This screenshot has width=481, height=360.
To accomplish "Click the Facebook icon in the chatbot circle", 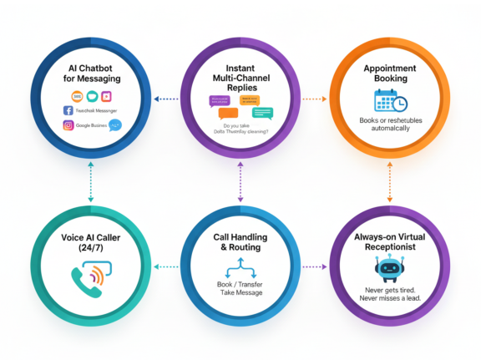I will coord(68,109).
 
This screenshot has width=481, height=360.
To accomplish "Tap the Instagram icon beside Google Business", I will coord(68,126).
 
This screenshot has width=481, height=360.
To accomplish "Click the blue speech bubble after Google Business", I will coord(114,125).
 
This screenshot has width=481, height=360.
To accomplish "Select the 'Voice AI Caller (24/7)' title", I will coord(91,243).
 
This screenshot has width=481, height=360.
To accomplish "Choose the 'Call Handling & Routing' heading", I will coord(240,243).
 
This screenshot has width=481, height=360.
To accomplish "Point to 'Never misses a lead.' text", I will coord(389,297).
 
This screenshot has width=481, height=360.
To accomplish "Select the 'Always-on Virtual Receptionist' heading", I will coord(389,243).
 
